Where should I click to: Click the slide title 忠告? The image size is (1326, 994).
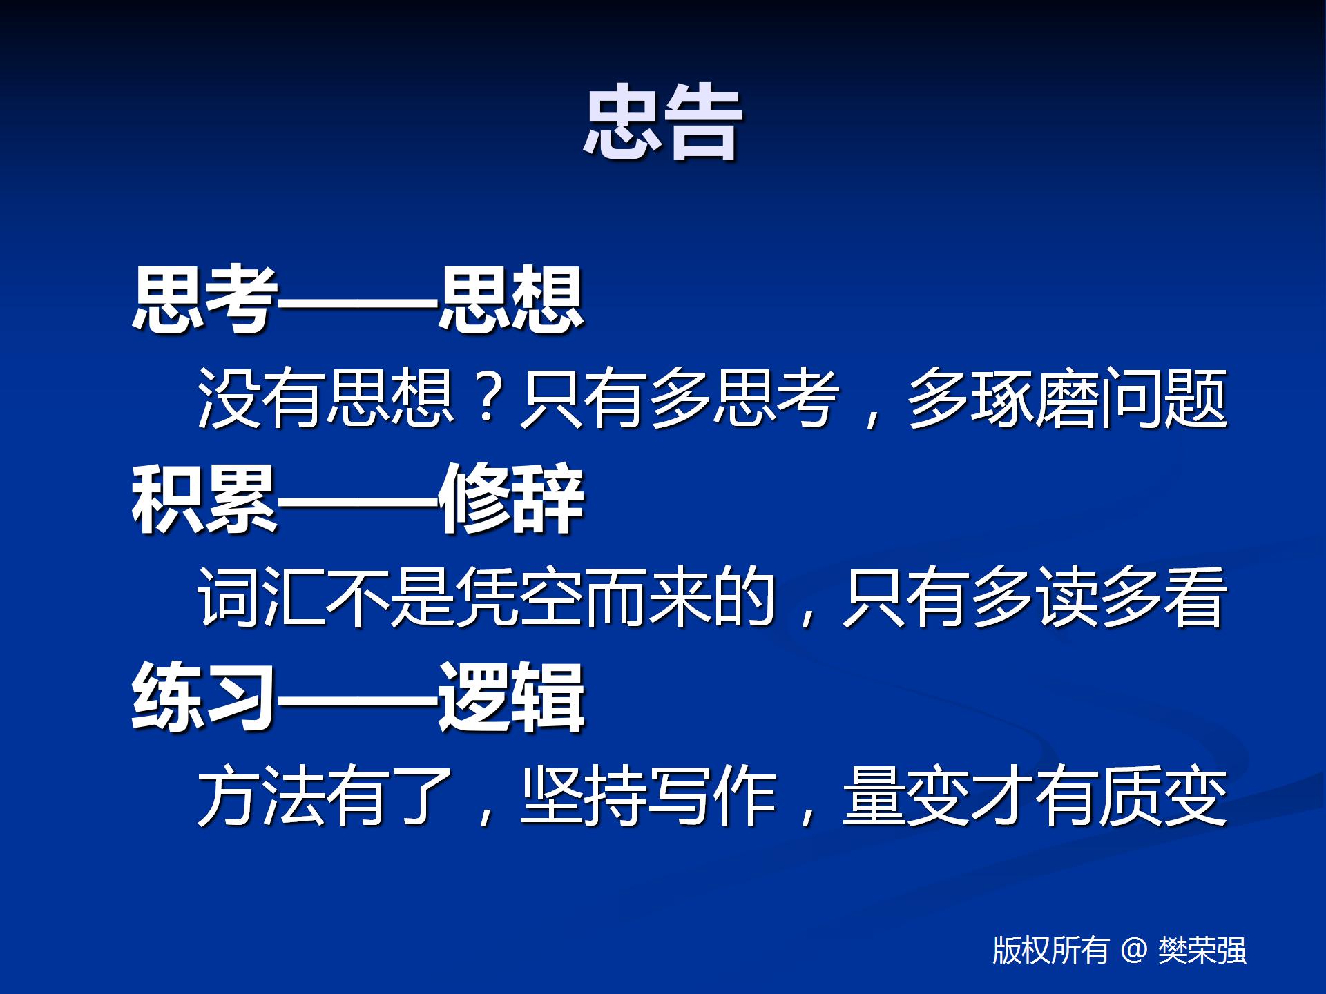click(662, 123)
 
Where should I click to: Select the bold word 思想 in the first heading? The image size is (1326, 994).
click(511, 299)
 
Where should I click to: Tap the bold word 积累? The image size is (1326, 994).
click(204, 498)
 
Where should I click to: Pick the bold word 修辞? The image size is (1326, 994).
click(511, 498)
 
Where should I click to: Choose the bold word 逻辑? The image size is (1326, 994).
click(511, 697)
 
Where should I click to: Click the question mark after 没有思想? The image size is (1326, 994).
click(488, 398)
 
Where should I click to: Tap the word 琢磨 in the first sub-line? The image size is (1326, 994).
click(1035, 398)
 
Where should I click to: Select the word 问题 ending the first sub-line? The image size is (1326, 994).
click(1164, 398)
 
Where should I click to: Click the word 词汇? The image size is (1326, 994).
click(262, 597)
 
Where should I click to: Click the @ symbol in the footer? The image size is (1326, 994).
click(1134, 951)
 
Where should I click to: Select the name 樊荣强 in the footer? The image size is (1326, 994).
click(1202, 951)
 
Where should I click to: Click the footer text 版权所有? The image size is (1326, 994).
click(1050, 951)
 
